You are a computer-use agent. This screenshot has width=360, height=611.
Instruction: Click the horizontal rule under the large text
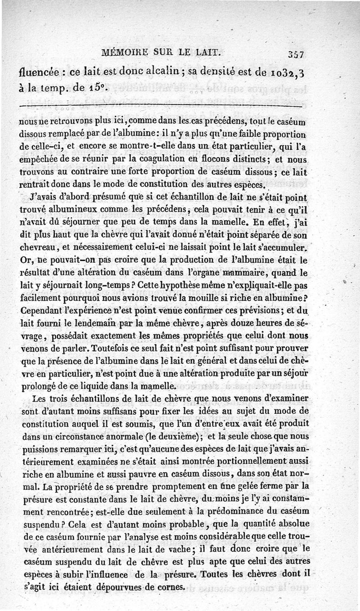point(162,106)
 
